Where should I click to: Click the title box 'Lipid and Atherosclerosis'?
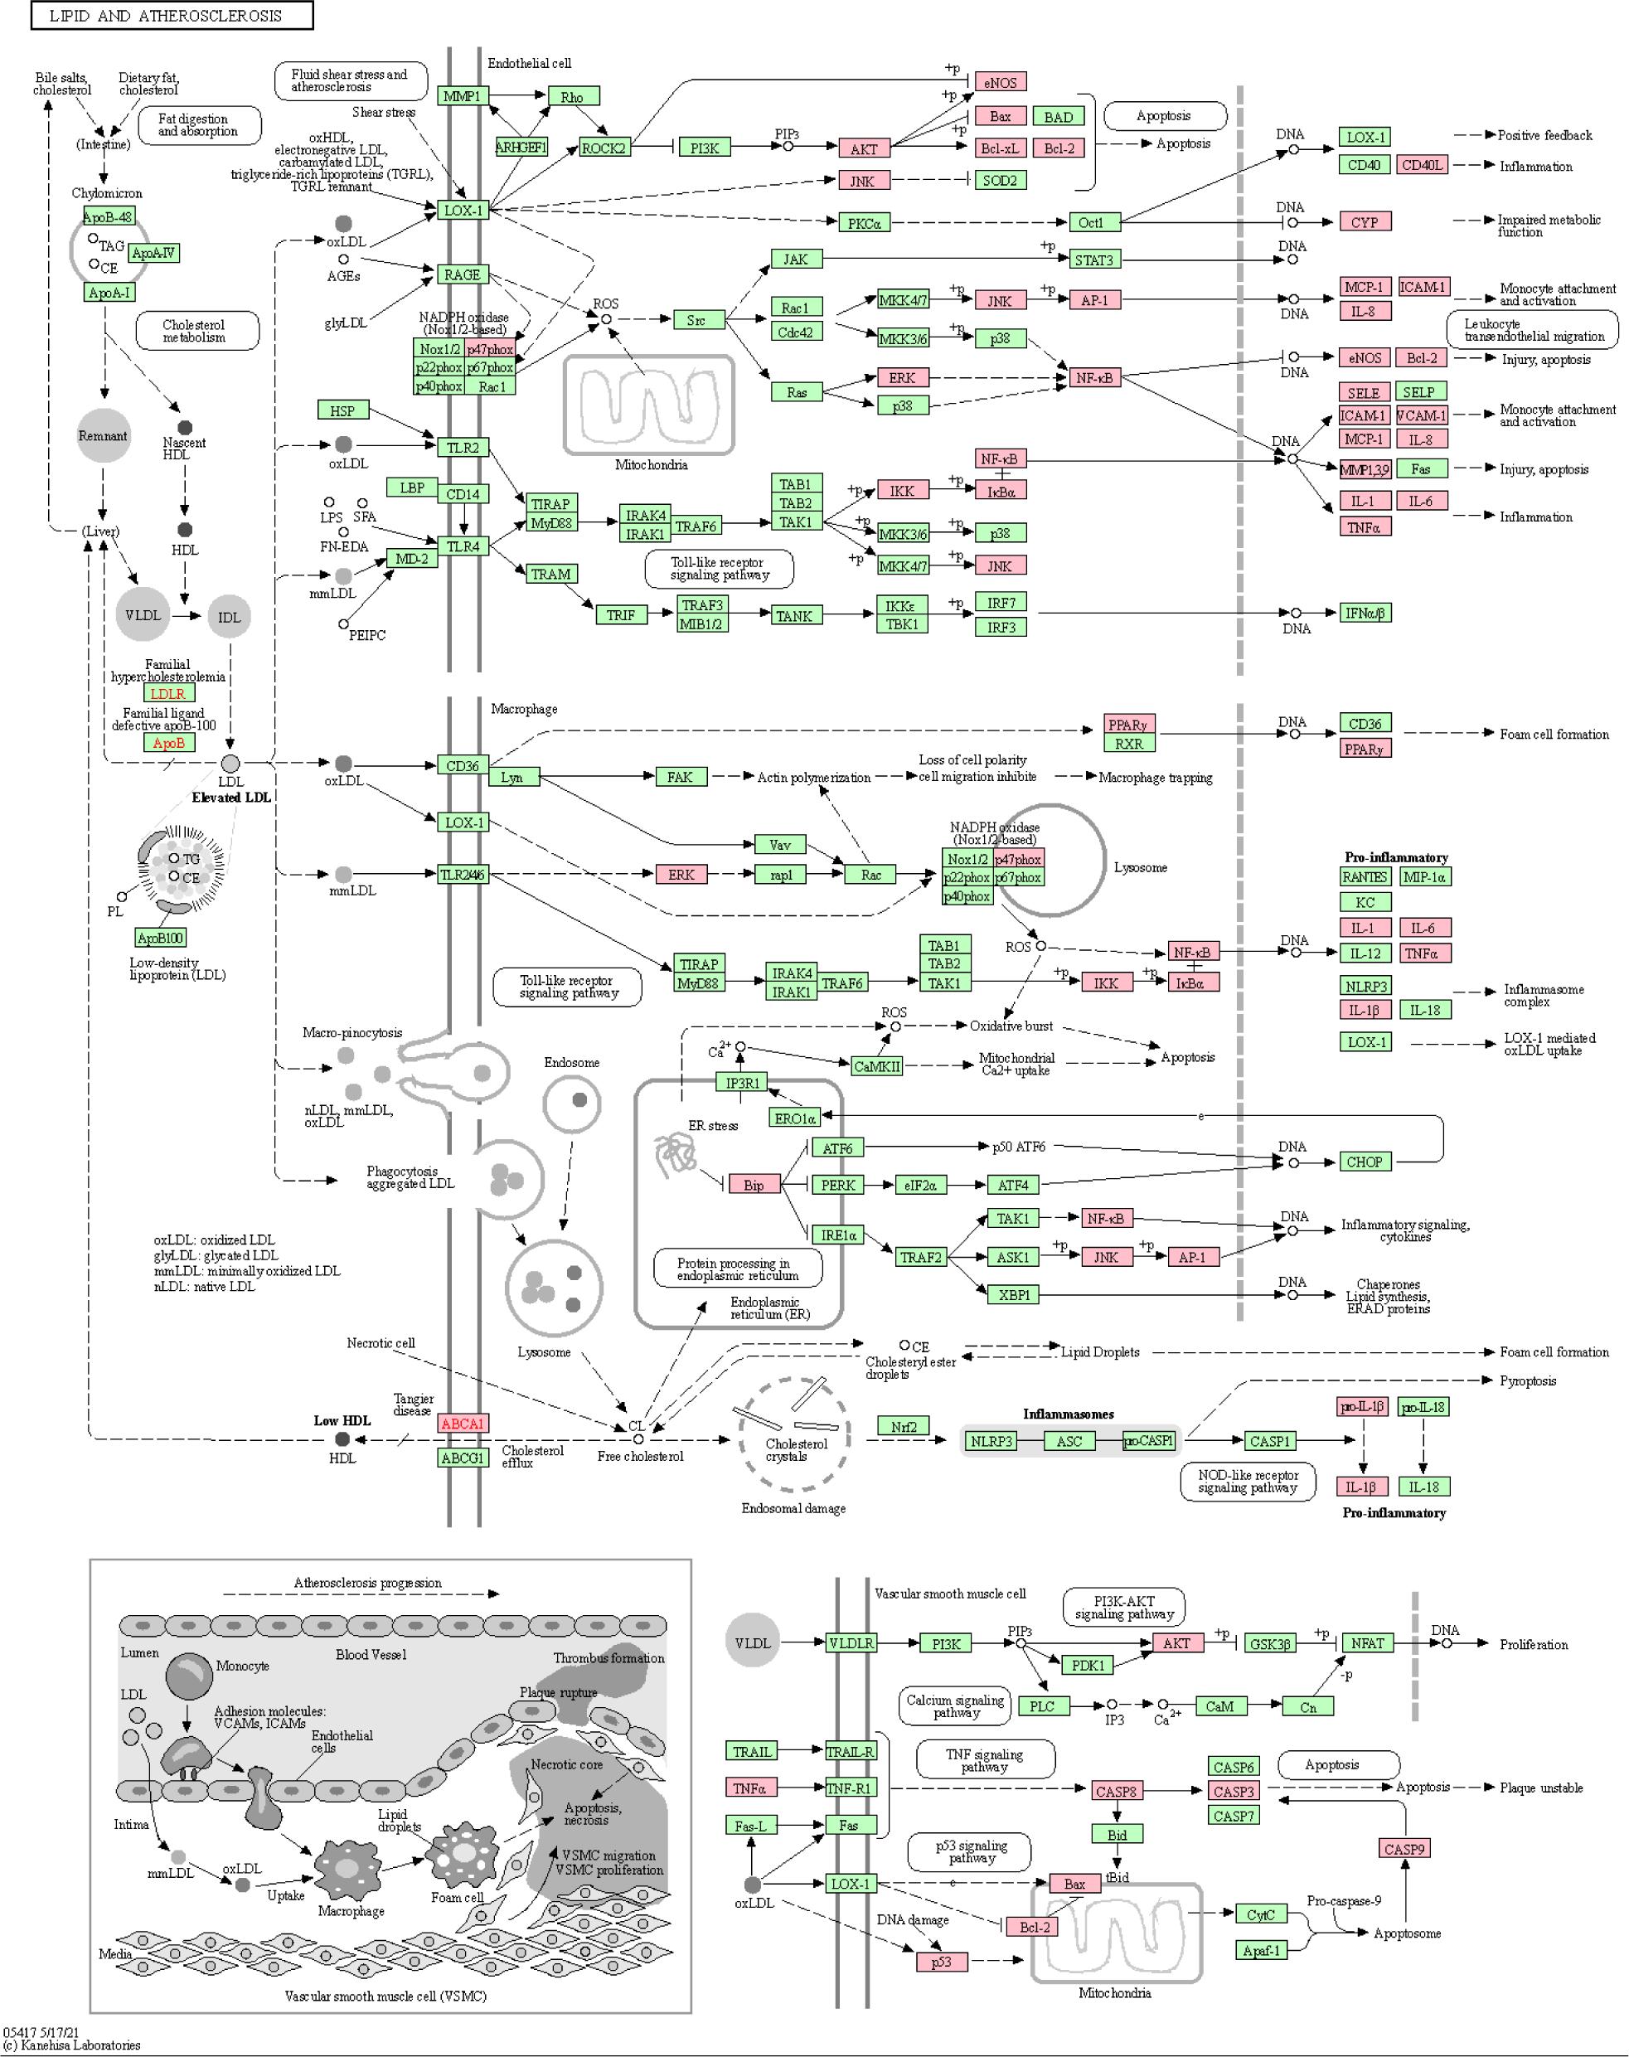point(172,15)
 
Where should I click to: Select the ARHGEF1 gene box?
point(521,147)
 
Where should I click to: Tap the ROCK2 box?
point(604,148)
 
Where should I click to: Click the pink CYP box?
point(1365,222)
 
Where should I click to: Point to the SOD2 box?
point(1001,180)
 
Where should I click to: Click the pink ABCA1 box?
point(463,1424)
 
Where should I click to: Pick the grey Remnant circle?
point(103,436)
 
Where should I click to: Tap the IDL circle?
point(229,617)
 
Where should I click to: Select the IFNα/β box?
point(1365,614)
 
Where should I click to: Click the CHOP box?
point(1364,1162)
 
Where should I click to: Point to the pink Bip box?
point(754,1186)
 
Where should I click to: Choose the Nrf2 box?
point(903,1427)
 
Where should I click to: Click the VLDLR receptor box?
point(851,1643)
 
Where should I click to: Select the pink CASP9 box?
point(1404,1849)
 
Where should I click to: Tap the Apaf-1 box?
point(1261,1951)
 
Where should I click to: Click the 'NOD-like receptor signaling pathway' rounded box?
point(1248,1481)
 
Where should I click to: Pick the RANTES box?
point(1364,877)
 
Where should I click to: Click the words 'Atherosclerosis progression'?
point(367,1583)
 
